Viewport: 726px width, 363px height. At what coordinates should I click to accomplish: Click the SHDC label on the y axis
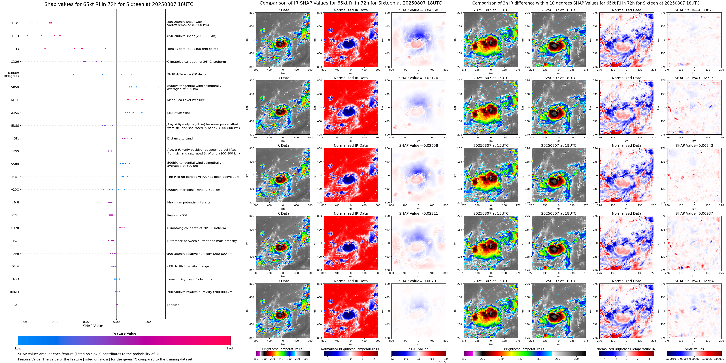coord(15,23)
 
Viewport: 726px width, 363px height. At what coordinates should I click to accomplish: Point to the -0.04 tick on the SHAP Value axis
coord(54,322)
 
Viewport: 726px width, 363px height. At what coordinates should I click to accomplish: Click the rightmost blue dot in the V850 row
coord(159,87)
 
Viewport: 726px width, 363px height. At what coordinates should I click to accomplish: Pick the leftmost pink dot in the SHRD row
coord(27,36)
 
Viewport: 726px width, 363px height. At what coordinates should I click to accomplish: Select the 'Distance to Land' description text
coord(180,139)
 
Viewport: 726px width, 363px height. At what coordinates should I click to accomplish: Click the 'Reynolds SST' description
coord(177,215)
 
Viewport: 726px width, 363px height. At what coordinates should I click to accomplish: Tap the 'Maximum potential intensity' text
coord(189,203)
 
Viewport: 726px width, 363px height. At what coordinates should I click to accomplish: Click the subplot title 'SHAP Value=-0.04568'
coord(419,10)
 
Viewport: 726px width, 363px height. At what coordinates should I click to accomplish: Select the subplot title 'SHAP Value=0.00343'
coord(694,146)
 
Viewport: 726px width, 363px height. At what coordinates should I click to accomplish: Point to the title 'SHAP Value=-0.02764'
coord(694,281)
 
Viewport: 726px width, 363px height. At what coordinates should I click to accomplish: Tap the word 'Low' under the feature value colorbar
coord(18,348)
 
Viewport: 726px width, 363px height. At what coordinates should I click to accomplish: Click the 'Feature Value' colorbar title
coord(124,333)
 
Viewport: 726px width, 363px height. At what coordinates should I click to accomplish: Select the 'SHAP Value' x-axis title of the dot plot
coord(93,326)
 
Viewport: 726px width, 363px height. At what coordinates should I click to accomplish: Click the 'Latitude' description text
coord(173,305)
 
